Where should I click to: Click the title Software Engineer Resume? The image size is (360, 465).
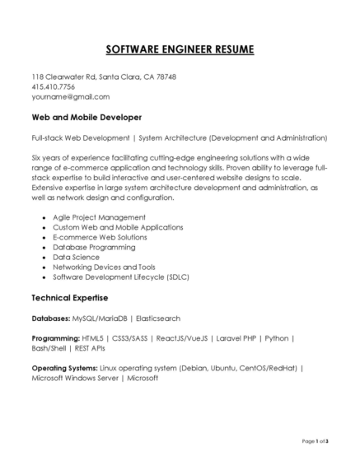coord(180,49)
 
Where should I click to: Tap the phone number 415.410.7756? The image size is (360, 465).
coord(54,86)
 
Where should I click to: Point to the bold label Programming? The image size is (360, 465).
coord(55,338)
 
